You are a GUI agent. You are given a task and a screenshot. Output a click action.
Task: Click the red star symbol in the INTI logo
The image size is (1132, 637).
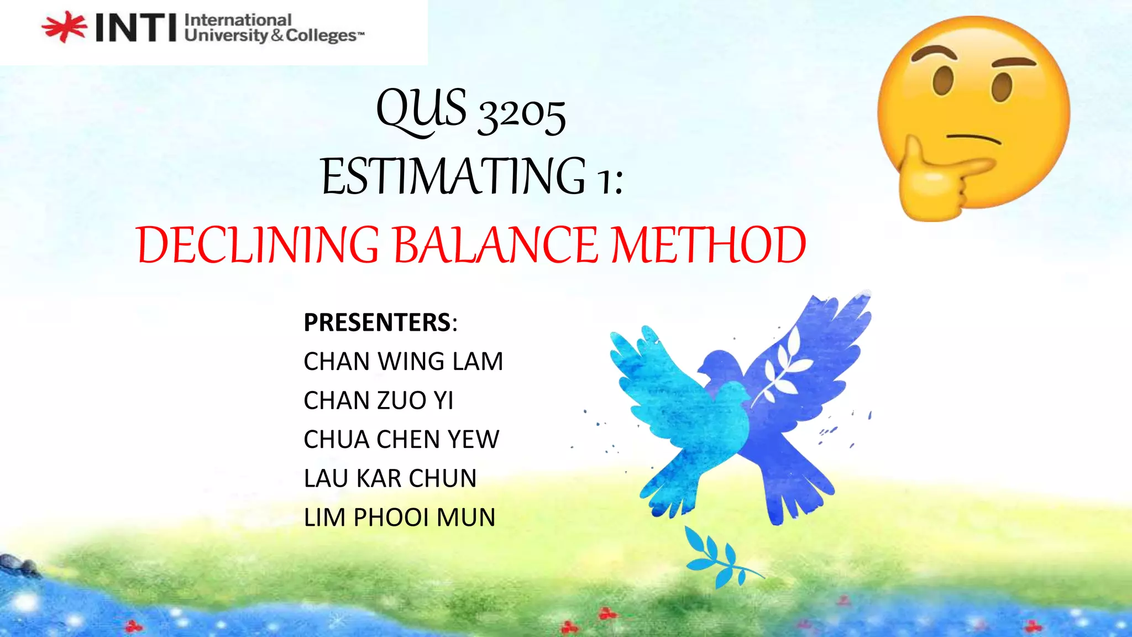64,27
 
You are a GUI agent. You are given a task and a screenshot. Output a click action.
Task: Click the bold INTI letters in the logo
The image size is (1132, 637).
136,28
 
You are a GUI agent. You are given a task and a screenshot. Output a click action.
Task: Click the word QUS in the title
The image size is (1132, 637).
421,109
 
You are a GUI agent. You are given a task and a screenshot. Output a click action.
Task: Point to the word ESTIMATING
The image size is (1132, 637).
453,177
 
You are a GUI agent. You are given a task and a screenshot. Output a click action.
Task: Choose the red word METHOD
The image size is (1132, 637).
709,245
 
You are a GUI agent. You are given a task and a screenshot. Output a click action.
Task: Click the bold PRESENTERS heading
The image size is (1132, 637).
378,322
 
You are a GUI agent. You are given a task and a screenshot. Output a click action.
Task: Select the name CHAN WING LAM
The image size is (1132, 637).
403,362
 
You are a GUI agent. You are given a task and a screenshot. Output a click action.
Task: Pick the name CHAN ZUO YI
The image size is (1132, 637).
379,400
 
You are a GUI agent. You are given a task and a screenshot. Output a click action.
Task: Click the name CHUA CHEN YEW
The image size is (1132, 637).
401,440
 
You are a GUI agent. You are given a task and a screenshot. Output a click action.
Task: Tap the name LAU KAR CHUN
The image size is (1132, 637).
390,478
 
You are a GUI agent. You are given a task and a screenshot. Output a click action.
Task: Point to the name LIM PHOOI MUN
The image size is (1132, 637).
400,518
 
